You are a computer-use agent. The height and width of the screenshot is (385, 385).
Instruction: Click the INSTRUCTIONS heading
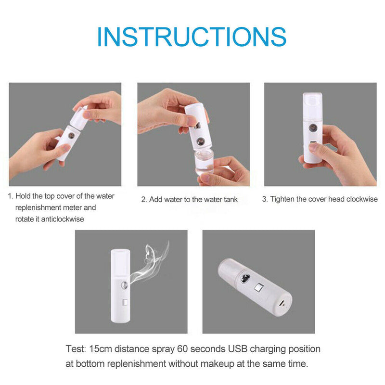tap(192, 37)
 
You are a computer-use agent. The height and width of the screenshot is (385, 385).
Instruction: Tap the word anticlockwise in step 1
tap(61, 219)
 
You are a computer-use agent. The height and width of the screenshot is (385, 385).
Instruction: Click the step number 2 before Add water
tap(143, 199)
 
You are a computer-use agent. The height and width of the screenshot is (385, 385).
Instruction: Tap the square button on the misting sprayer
tap(126, 304)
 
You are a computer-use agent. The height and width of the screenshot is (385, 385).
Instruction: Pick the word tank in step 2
tap(230, 199)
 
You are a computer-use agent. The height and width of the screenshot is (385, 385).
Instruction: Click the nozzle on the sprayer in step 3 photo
tap(312, 130)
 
